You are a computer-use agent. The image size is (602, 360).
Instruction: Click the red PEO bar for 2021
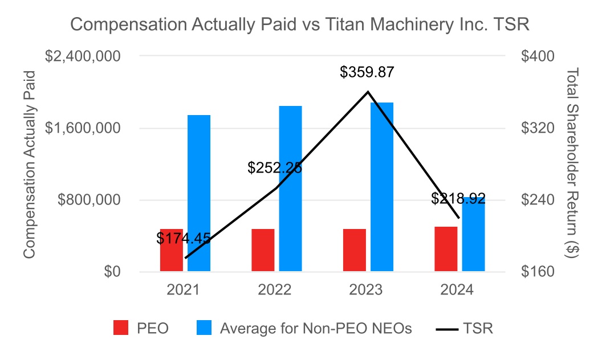click(x=171, y=251)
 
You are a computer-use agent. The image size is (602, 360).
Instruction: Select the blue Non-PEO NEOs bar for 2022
click(x=290, y=188)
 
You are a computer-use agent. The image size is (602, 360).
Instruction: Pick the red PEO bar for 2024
click(x=446, y=249)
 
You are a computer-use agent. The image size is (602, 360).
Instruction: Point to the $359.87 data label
click(x=367, y=72)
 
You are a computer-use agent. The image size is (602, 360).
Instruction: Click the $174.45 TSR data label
click(x=184, y=239)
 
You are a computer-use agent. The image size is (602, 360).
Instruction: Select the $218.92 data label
click(x=458, y=198)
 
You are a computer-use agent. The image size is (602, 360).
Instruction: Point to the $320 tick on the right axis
click(x=538, y=128)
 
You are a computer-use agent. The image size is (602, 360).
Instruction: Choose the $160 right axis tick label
click(x=538, y=272)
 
